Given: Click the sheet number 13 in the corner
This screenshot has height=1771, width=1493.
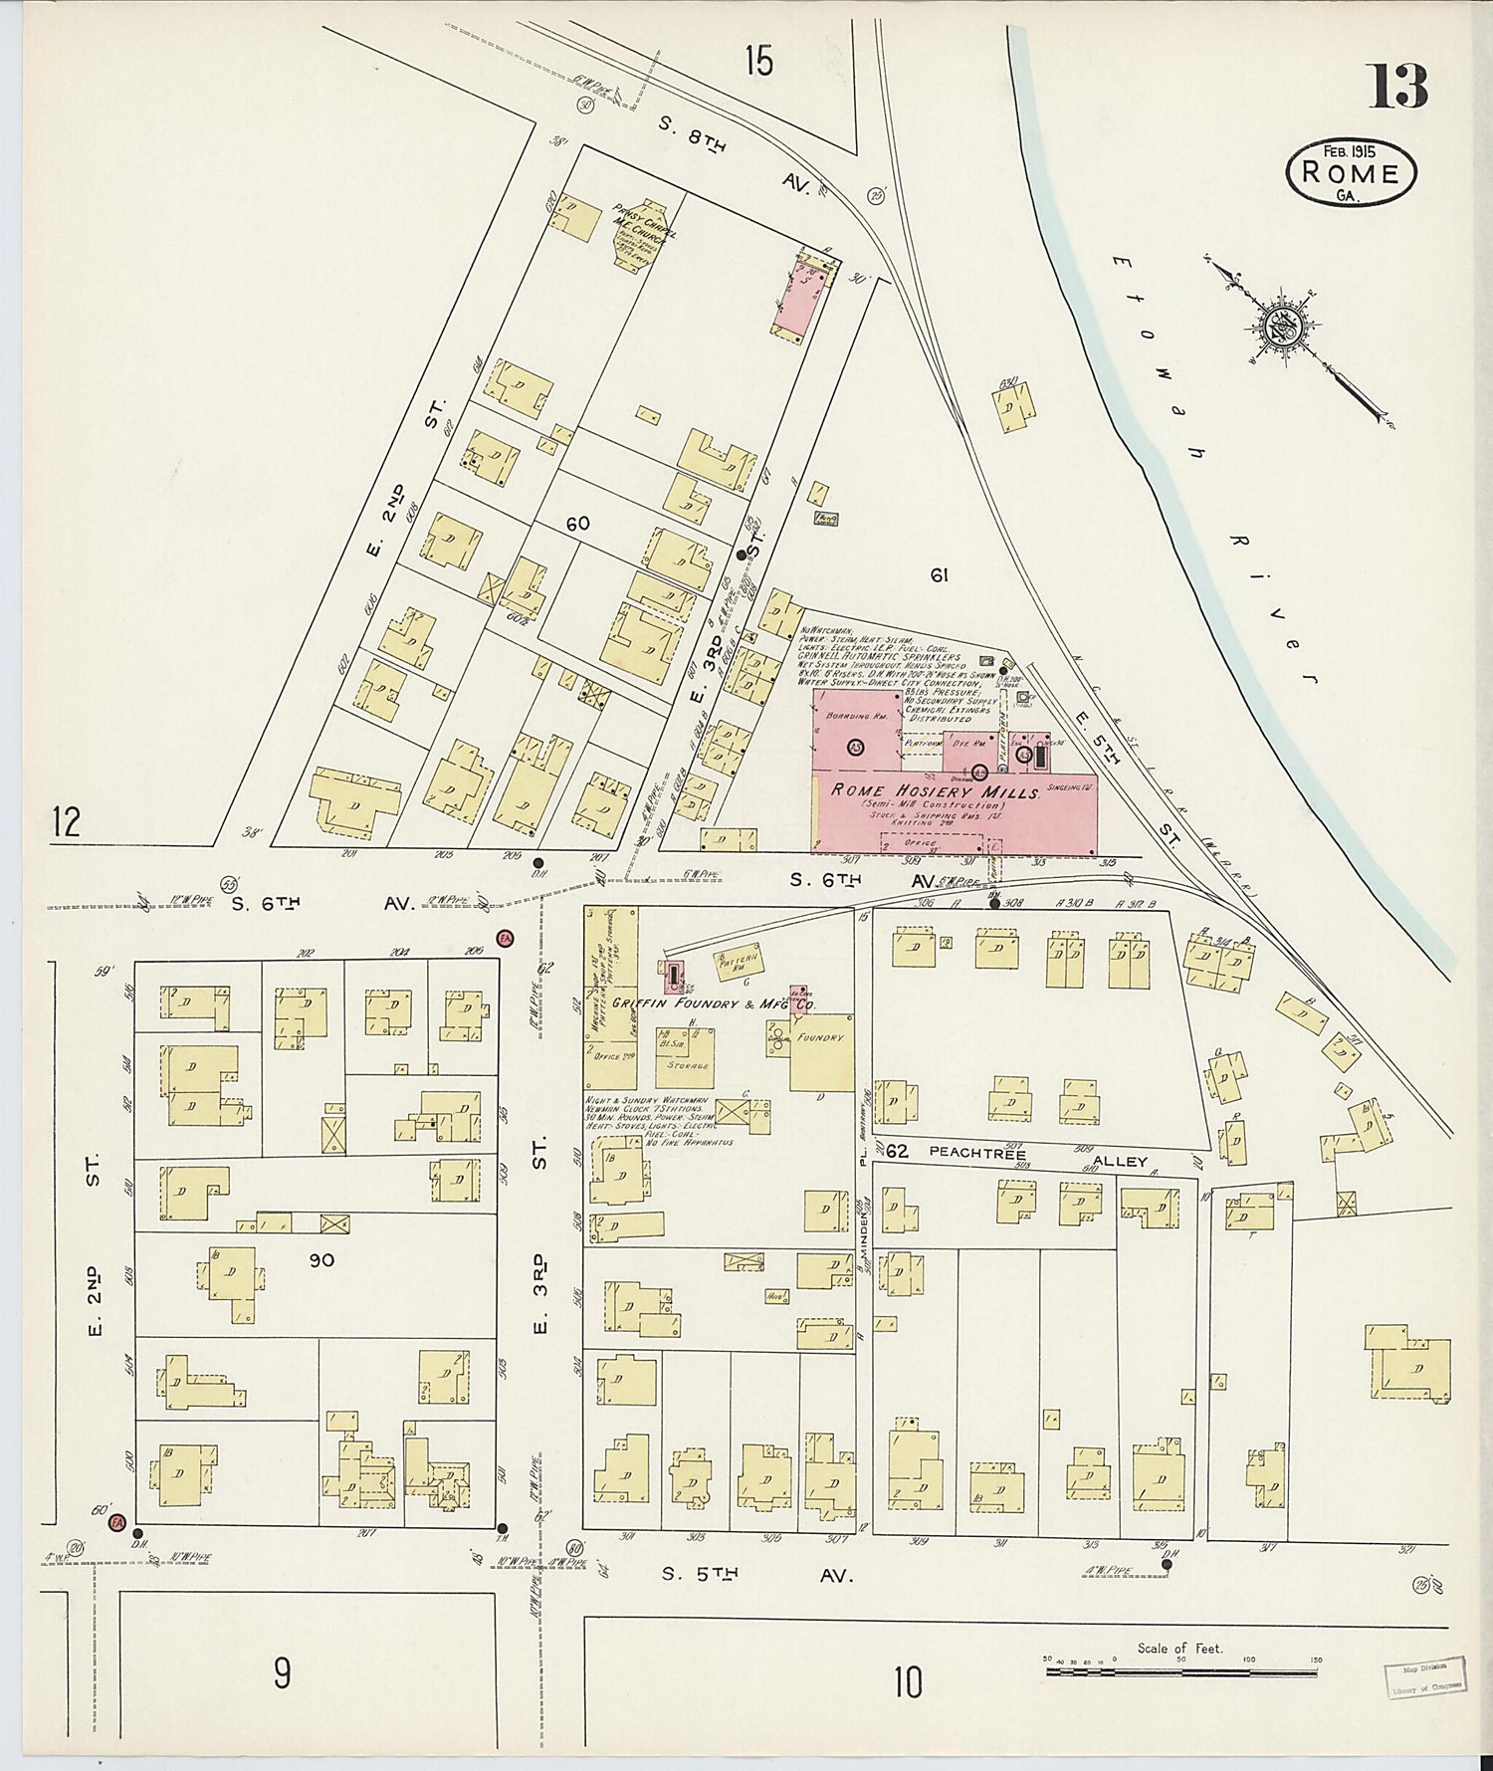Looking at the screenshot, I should click(1397, 87).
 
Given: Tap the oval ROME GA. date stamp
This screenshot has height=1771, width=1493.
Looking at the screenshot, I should click(1351, 171).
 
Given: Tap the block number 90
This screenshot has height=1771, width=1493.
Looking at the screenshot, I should click(321, 1260).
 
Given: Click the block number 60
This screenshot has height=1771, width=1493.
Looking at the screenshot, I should click(577, 524).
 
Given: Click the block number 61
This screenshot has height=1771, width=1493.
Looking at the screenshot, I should click(938, 574).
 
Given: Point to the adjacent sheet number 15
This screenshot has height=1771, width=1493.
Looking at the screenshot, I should click(757, 62).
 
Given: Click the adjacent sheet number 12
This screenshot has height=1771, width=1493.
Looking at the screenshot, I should click(67, 823).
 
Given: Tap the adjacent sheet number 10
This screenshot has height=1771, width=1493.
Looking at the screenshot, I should click(907, 1682).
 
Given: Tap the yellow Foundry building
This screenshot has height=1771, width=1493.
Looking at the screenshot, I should click(822, 1051).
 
